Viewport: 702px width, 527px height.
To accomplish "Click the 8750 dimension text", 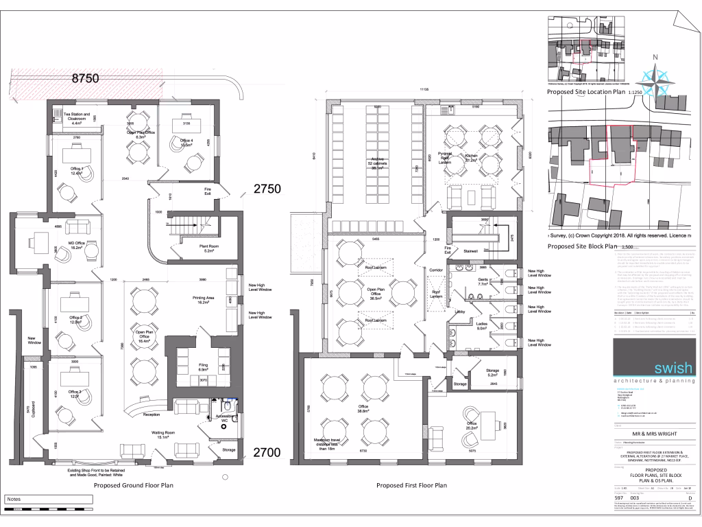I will (x=86, y=79).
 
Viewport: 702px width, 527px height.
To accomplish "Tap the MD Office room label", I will (x=76, y=244).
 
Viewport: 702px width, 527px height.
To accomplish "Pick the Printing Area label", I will (x=203, y=299).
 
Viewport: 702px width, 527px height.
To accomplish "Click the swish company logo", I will (x=655, y=368).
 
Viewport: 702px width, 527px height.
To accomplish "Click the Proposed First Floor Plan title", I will (x=411, y=485).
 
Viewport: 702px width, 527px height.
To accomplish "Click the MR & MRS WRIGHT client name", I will (x=655, y=434).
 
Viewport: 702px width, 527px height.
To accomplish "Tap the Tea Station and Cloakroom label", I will (x=77, y=119).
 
